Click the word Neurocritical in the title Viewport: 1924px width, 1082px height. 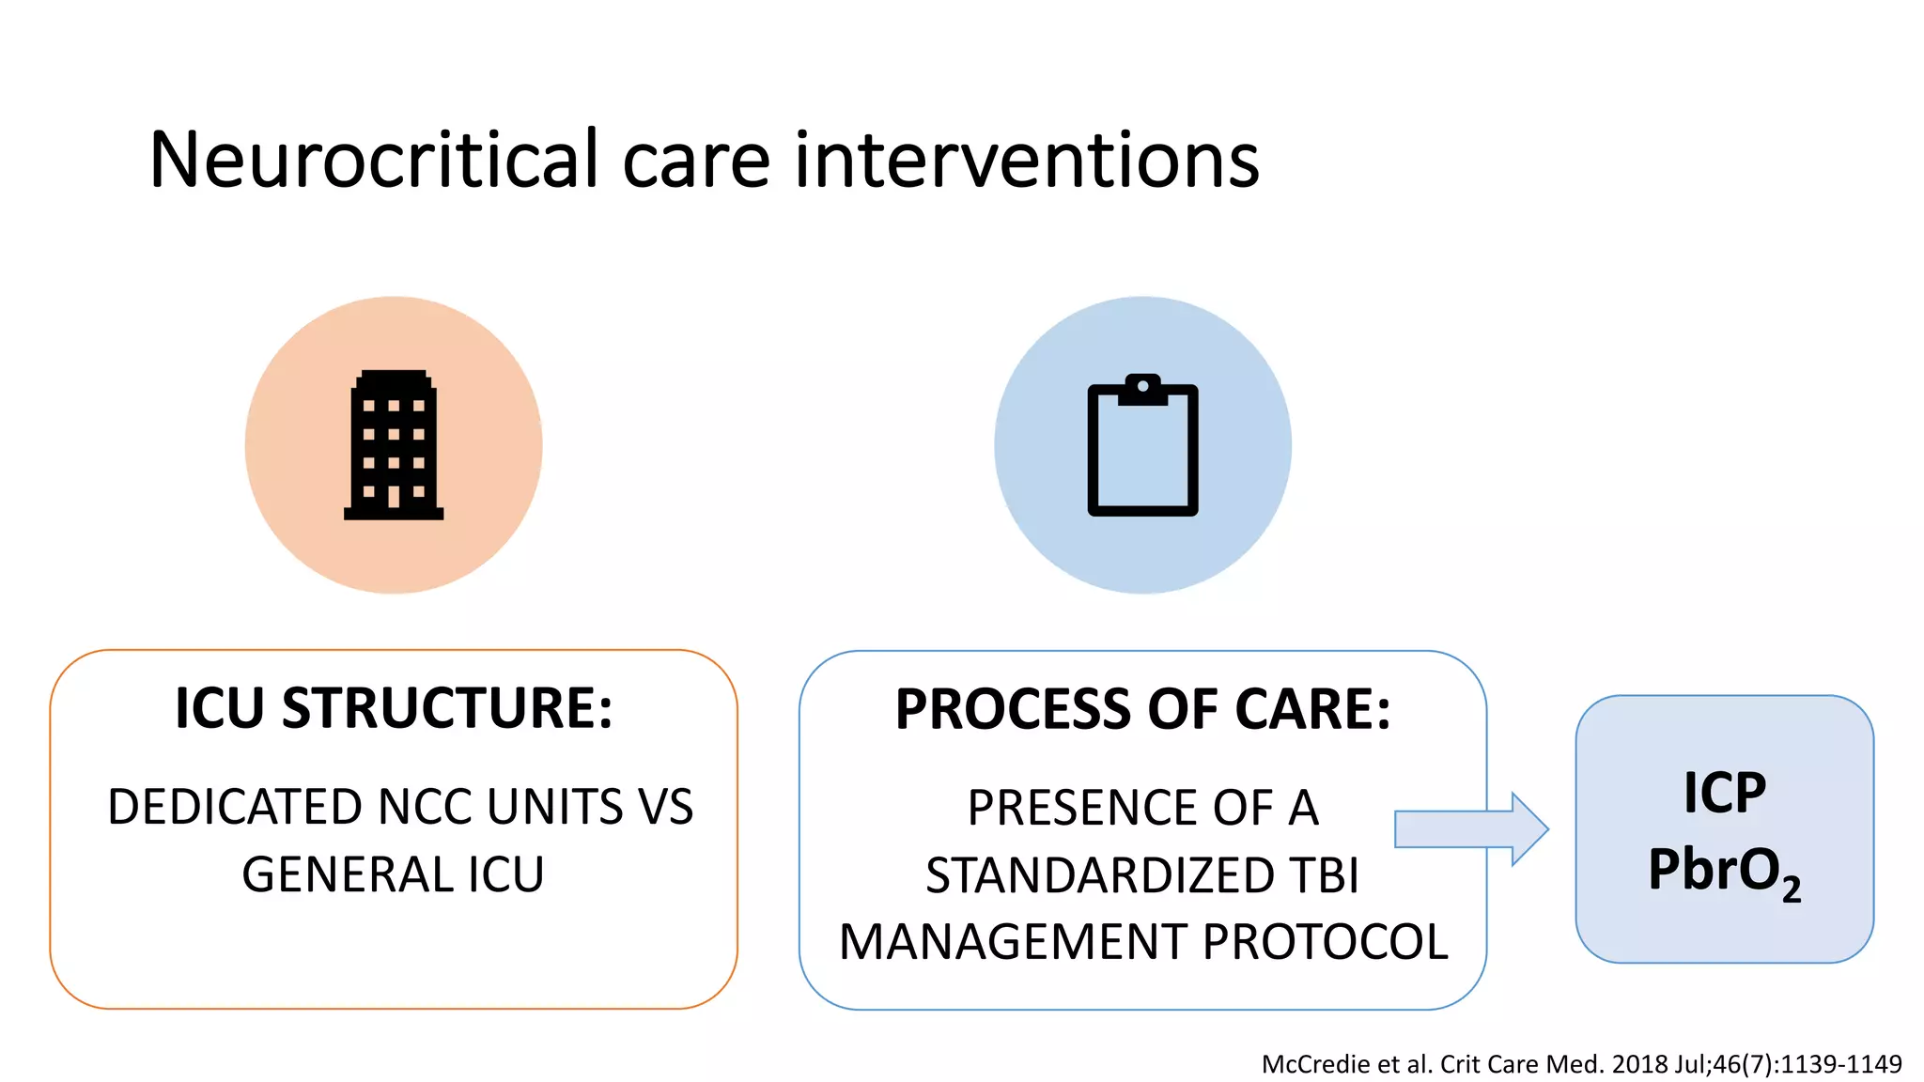[373, 160]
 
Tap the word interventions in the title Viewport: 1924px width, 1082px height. [1026, 160]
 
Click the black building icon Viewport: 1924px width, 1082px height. [394, 445]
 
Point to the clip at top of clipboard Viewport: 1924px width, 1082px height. [1142, 388]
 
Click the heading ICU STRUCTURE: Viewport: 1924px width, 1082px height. [394, 707]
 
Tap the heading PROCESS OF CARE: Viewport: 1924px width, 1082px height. [1142, 709]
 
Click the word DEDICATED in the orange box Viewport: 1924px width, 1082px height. [234, 807]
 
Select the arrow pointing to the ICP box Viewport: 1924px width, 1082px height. [1471, 829]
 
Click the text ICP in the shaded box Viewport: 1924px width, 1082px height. [1724, 793]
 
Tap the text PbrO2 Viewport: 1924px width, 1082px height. [1724, 871]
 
